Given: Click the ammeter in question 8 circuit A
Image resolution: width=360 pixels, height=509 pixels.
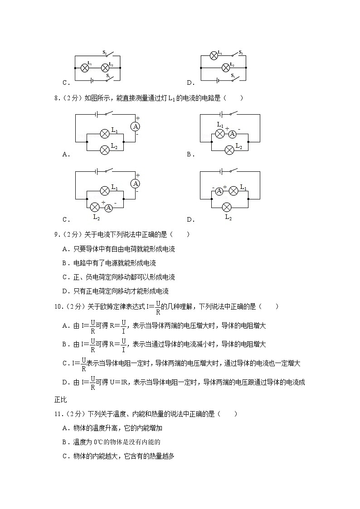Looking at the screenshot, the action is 135,127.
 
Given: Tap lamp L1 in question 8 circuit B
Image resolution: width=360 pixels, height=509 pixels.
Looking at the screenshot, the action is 220,134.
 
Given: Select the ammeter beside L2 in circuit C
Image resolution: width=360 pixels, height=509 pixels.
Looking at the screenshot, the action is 109,208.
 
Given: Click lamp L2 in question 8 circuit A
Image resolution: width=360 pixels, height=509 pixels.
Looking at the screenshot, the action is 105,148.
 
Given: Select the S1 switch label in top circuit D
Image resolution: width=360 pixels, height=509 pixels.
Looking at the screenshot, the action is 232,75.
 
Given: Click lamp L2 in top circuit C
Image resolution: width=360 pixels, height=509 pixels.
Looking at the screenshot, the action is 105,68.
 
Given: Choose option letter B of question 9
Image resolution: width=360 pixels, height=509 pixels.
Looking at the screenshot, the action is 65,263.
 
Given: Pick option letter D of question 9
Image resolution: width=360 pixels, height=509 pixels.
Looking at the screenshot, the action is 65,291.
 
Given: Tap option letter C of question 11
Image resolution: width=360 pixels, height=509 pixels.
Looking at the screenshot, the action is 65,456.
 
